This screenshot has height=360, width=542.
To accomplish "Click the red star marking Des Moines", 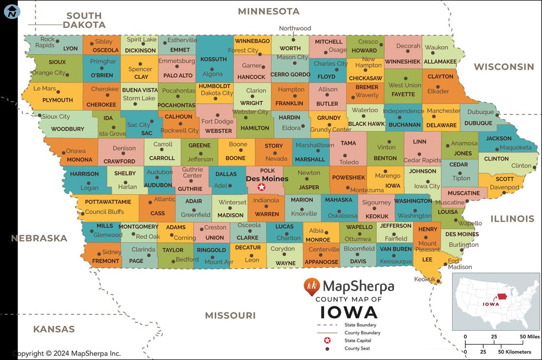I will [x=262, y=187].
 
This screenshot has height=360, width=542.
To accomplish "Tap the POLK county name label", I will [x=267, y=170].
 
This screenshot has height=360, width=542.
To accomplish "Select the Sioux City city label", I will [x=56, y=117].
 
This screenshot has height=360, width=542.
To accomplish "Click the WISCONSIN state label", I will [x=503, y=67].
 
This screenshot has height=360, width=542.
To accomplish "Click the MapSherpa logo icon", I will [x=311, y=286].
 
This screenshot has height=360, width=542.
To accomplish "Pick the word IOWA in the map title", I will [x=348, y=312].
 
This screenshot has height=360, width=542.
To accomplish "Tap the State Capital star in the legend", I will [x=327, y=341].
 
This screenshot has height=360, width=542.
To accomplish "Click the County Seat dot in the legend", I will [x=327, y=349].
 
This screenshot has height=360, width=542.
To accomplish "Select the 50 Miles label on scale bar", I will [x=529, y=337].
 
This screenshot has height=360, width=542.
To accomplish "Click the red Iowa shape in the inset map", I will [x=504, y=297].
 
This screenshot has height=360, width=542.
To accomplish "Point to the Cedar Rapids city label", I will [x=422, y=160].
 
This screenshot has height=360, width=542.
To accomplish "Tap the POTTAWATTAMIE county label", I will [x=108, y=202].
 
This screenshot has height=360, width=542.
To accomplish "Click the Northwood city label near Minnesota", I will [x=295, y=28].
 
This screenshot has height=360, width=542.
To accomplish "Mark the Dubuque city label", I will [x=480, y=112].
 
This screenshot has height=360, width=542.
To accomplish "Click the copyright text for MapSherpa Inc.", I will [x=66, y=353].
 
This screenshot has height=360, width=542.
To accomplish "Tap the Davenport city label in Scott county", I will [x=504, y=187].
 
